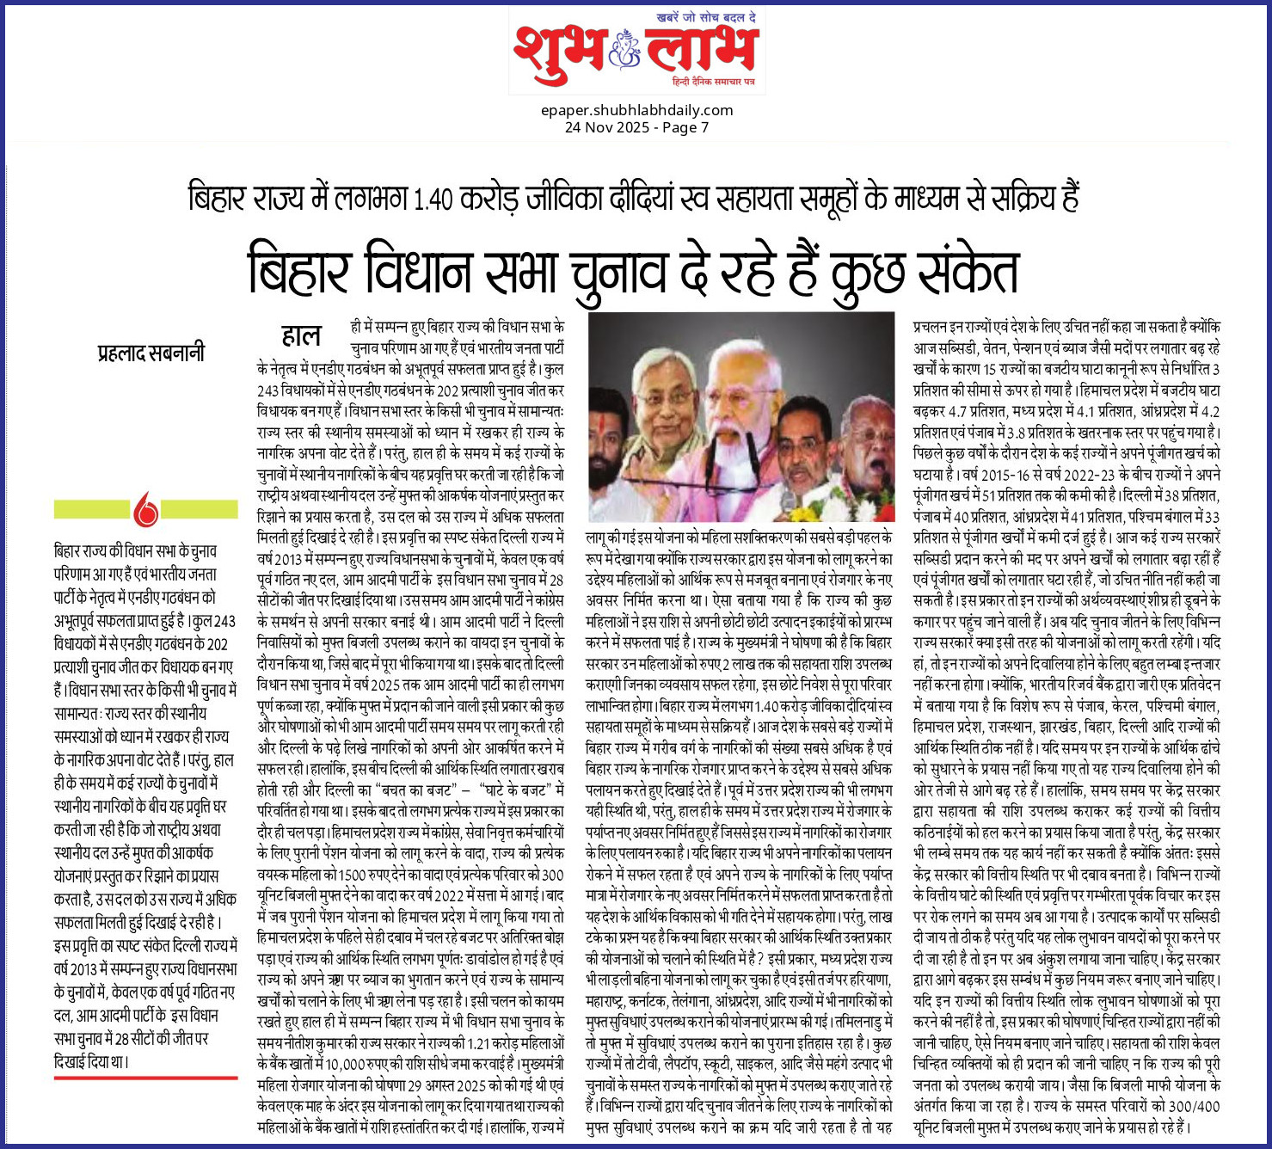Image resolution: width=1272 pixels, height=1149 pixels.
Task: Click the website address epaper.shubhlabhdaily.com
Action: [636, 110]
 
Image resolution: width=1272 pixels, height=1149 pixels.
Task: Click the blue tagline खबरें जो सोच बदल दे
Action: [704, 16]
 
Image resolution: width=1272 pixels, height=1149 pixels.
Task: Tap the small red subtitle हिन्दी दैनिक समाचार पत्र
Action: [714, 80]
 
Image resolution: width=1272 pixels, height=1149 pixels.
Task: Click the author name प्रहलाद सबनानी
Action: [151, 353]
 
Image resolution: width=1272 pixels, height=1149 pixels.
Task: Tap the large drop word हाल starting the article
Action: [301, 336]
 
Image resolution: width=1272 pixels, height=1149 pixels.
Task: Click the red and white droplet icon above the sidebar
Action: [146, 510]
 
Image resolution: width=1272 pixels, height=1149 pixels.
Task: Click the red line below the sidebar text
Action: [145, 1077]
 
